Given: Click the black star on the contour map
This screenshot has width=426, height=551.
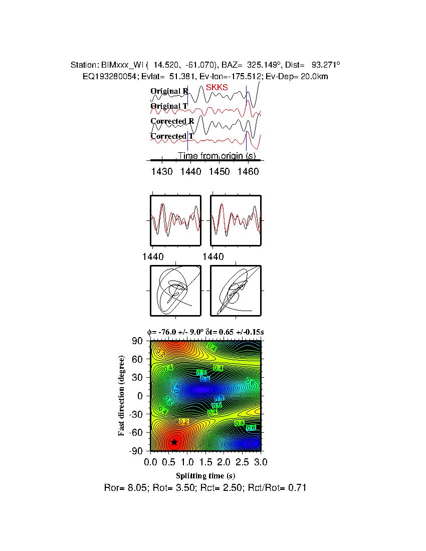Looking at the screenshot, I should pos(174,442).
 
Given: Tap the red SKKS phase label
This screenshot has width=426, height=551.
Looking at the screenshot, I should pos(217,87).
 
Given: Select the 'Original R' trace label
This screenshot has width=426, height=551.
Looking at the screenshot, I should pos(169,91).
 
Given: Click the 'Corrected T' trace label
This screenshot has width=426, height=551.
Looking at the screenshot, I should pos(172,136).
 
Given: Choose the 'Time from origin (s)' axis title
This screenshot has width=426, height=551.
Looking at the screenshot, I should pos(217,156).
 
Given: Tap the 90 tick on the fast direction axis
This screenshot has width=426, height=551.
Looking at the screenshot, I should pos(138,341).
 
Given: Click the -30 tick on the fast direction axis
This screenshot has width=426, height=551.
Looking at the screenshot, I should pos(136,414).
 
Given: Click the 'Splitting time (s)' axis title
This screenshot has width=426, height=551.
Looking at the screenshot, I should pos(205,475).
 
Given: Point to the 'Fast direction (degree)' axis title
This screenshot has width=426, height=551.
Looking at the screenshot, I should pos(122,396).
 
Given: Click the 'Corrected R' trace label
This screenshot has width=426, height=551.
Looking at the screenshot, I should pos(172,121).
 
